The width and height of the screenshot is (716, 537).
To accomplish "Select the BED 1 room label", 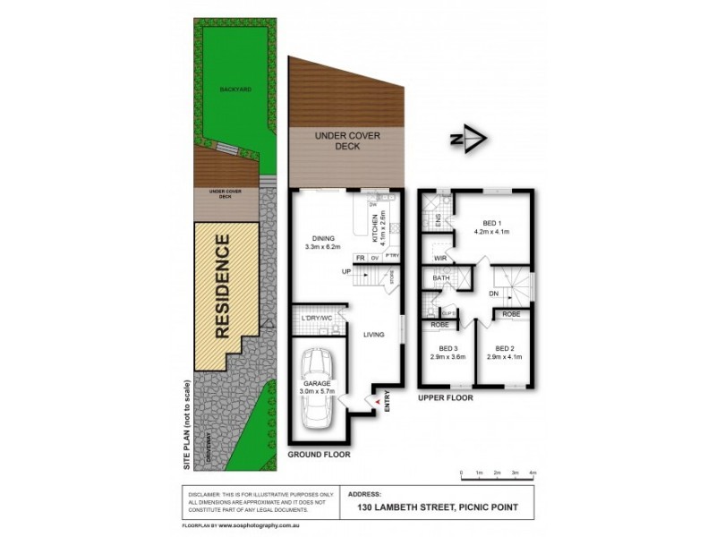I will (x=492, y=223).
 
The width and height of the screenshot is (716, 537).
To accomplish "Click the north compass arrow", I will (x=467, y=139).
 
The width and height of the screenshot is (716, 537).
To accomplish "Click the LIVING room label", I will (x=373, y=335).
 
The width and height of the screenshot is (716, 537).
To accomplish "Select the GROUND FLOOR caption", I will (x=319, y=455).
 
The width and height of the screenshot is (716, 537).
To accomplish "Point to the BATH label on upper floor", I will (x=440, y=278).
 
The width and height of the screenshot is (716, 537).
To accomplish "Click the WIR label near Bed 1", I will (x=439, y=258).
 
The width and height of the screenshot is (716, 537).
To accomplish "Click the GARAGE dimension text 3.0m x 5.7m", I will (x=318, y=391).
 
